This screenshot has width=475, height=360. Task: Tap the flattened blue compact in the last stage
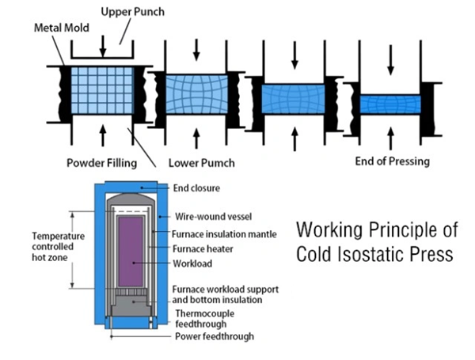389,104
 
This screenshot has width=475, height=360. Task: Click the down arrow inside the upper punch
103,49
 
